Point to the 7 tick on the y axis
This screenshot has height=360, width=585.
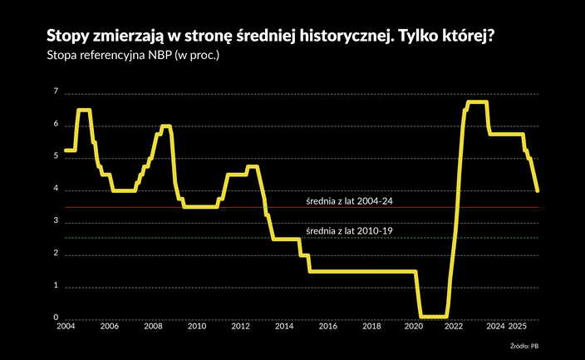[x=56, y=91]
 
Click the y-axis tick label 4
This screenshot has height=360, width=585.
[x=56, y=189]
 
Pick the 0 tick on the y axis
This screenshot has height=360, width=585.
[x=56, y=318]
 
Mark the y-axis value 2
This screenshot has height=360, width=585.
[x=56, y=254]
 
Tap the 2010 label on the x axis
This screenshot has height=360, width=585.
[x=196, y=328]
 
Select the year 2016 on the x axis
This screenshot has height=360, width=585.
[x=327, y=328]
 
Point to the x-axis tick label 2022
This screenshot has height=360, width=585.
[x=454, y=328]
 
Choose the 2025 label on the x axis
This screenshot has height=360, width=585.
[x=519, y=328]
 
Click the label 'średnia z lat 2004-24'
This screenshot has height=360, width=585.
[x=349, y=201]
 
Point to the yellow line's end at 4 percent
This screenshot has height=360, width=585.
[x=538, y=190]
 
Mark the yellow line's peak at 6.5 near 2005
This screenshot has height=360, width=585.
[x=84, y=110]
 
